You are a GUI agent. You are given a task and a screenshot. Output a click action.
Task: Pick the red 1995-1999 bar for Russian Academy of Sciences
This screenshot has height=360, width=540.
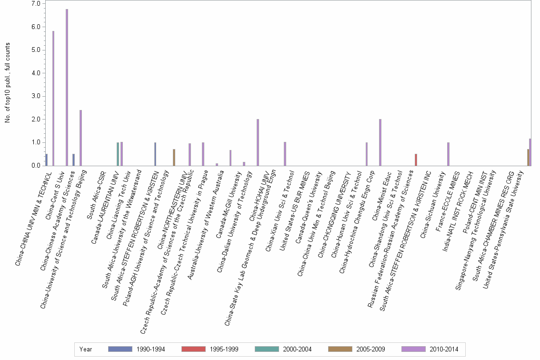tap(416, 160)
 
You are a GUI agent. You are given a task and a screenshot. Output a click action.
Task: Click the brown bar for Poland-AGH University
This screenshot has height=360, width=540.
tap(174, 158)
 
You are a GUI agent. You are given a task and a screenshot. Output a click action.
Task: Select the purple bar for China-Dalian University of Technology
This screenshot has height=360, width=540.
tap(258, 142)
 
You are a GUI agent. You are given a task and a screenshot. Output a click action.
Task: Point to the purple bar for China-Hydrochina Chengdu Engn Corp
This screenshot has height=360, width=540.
tap(380, 142)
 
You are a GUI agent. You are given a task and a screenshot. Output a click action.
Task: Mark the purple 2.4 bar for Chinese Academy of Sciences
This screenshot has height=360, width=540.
tap(80, 138)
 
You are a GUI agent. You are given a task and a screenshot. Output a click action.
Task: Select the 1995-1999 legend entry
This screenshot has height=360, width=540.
tap(210, 350)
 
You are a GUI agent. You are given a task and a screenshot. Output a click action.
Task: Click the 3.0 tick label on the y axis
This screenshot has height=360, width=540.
tap(36, 96)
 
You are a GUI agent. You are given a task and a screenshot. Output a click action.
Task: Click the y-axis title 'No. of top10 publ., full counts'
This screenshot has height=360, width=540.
tap(8, 82)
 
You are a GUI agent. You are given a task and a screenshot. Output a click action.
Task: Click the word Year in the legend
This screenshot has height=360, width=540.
tap(86, 350)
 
